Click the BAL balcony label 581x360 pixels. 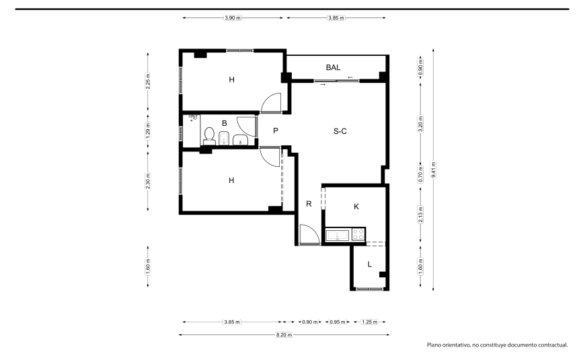click(x=333, y=67)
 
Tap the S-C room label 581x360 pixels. click(x=340, y=131)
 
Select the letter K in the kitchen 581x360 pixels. click(x=356, y=207)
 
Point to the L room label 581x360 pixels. click(x=369, y=264)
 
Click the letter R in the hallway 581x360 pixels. click(x=309, y=204)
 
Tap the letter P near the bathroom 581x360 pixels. click(x=275, y=131)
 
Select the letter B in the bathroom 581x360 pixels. click(x=224, y=123)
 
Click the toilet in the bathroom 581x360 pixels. click(x=209, y=136)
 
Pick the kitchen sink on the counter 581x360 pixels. click(x=338, y=235)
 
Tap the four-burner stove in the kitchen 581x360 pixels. click(x=358, y=234)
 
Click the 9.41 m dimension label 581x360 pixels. click(x=434, y=170)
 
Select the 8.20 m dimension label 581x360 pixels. click(x=284, y=335)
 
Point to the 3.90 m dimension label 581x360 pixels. click(x=233, y=17)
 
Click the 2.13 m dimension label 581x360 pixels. click(x=420, y=215)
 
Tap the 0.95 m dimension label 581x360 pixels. click(x=338, y=322)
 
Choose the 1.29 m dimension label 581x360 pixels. click(x=148, y=131)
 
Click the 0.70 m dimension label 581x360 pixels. click(x=420, y=174)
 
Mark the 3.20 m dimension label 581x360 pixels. click(x=420, y=124)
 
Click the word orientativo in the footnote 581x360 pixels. click(x=456, y=345)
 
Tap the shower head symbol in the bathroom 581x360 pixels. click(x=193, y=118)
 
